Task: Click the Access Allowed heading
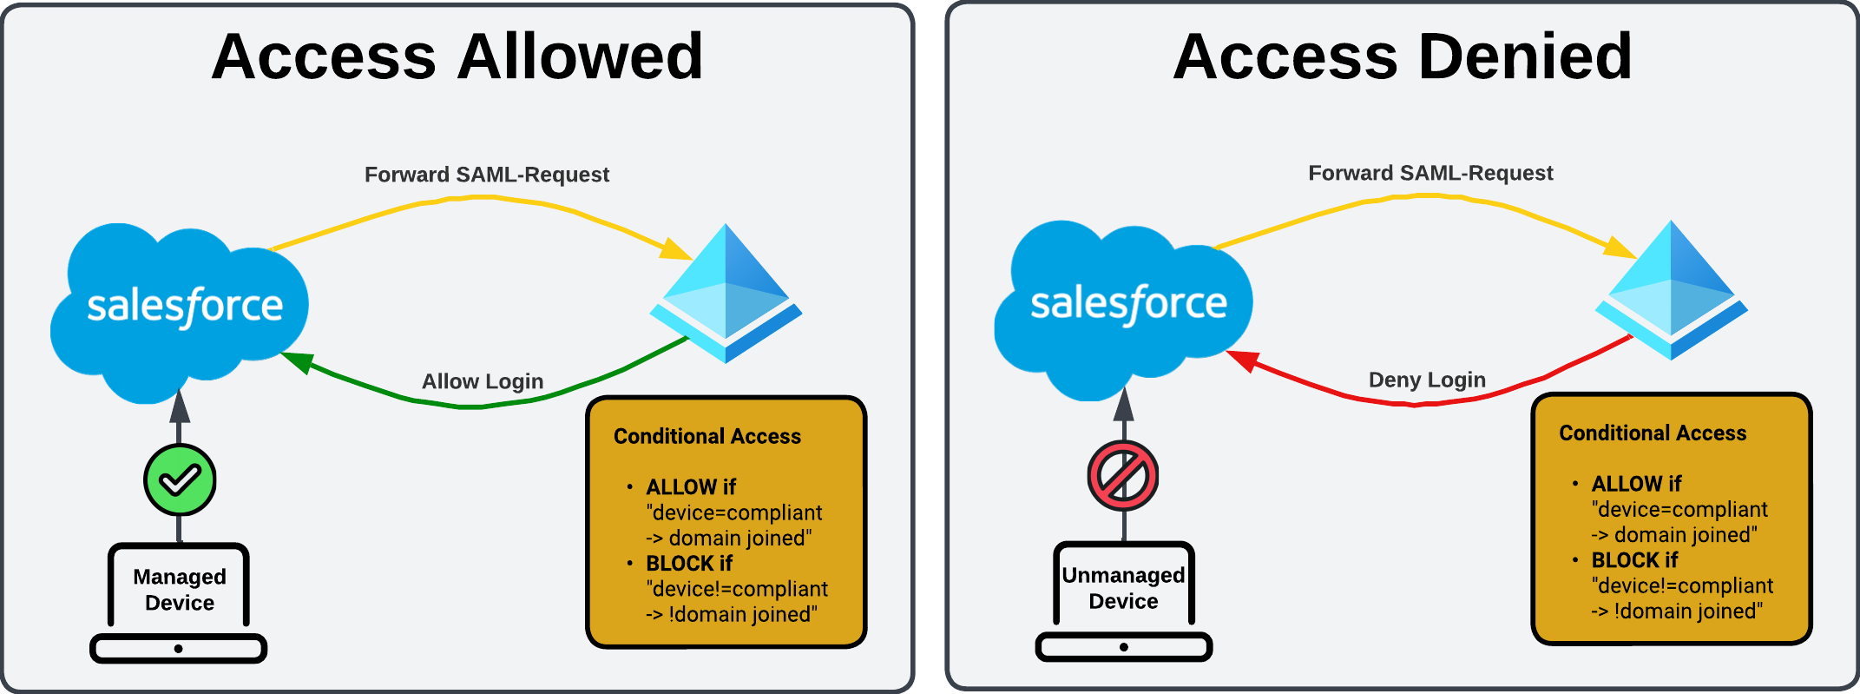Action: click(457, 57)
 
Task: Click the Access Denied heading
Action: click(1402, 57)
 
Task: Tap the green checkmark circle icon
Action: click(180, 479)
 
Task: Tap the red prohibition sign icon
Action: click(1123, 476)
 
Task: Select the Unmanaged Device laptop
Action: click(1123, 599)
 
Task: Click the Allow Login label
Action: click(483, 381)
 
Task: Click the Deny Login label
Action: click(1427, 380)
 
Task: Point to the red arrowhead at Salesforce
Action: click(1242, 360)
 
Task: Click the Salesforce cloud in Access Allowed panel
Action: click(180, 308)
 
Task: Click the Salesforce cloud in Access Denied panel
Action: click(1124, 306)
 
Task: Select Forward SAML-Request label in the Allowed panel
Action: click(486, 175)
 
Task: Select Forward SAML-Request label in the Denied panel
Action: click(1430, 173)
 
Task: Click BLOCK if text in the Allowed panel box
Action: click(689, 563)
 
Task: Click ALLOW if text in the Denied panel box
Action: click(1636, 484)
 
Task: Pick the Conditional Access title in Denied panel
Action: click(1653, 433)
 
